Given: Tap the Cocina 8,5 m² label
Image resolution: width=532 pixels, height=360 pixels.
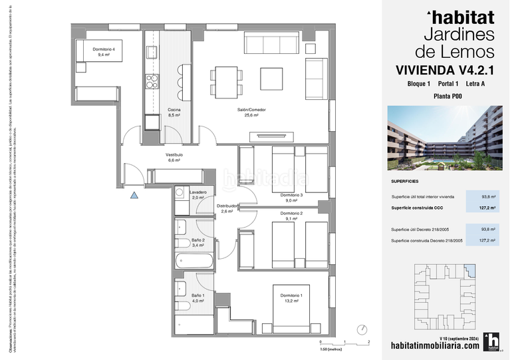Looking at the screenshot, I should point(174,112).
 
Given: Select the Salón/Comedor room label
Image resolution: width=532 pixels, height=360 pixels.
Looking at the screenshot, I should point(247,112).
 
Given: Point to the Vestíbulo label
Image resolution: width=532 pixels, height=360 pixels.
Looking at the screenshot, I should point(174,157).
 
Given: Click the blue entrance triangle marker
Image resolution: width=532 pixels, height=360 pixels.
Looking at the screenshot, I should point(134,195).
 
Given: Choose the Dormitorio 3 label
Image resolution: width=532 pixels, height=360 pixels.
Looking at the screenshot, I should point(291,197).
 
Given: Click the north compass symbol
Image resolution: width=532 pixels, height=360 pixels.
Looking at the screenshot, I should point(362,329).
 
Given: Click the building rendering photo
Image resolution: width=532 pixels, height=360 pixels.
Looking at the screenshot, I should point(443,138).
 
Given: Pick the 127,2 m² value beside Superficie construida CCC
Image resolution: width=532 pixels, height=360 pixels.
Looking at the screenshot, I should point(488,208).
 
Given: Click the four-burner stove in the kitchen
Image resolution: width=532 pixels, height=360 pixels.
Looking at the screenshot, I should point(152,81).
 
